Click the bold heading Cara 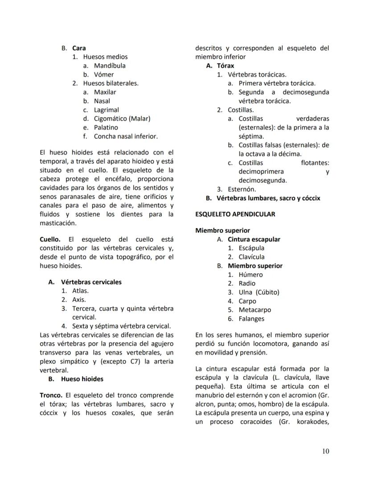pyautogui.click(x=79, y=48)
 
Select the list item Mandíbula pyautogui.click(x=110, y=65)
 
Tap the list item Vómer pyautogui.click(x=103, y=74)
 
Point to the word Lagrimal pyautogui.click(x=106, y=110)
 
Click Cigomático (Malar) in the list pyautogui.click(x=122, y=118)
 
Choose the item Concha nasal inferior pyautogui.click(x=126, y=136)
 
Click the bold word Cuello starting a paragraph pyautogui.click(x=49, y=239)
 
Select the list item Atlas pyautogui.click(x=80, y=291)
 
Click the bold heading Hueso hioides pyautogui.click(x=82, y=379)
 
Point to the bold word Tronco pyautogui.click(x=51, y=395)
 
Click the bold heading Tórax pyautogui.click(x=225, y=65)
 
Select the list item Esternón pyautogui.click(x=242, y=189)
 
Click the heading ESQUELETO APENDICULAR pyautogui.click(x=235, y=214)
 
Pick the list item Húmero pyautogui.click(x=250, y=275)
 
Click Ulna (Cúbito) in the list pyautogui.click(x=258, y=292)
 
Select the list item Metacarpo pyautogui.click(x=254, y=310)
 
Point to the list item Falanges pyautogui.click(x=251, y=319)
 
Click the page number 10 pyautogui.click(x=325, y=452)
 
